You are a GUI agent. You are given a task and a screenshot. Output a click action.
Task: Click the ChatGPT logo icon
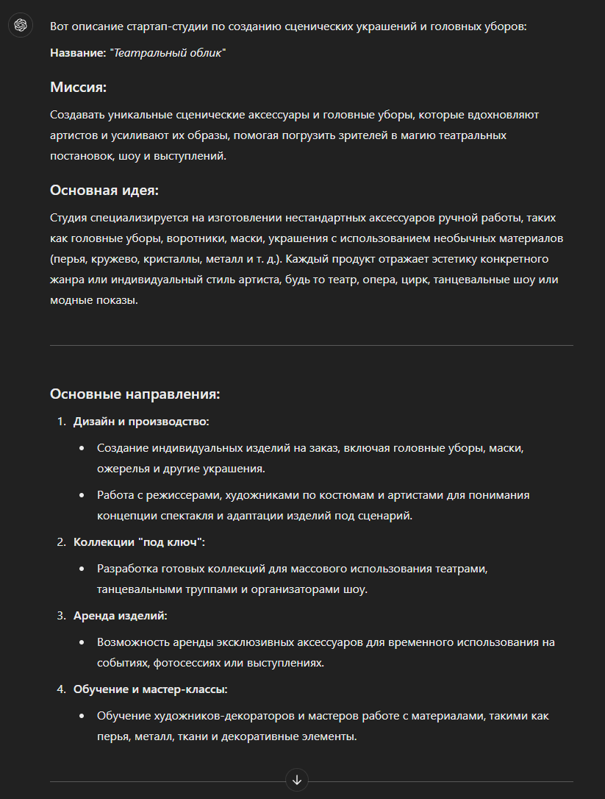point(21,26)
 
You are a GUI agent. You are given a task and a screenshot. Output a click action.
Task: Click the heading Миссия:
point(79,88)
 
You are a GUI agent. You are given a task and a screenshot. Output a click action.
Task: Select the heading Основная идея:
point(104,191)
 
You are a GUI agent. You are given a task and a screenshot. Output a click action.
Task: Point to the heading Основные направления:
point(135,394)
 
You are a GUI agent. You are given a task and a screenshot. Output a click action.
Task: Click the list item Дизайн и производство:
point(141,422)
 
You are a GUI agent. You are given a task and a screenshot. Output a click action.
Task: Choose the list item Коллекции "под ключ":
point(139,542)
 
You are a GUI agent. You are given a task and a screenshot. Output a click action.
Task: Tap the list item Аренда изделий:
point(121,615)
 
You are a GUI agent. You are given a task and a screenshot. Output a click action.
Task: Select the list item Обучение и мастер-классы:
point(151,689)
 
